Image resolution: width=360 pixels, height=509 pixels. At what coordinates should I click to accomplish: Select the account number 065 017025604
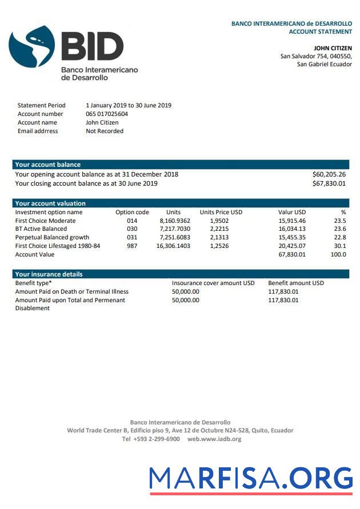point(107,114)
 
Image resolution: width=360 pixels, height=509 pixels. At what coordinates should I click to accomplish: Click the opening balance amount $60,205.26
point(329,174)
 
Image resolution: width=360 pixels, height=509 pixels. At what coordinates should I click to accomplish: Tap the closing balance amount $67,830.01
point(329,183)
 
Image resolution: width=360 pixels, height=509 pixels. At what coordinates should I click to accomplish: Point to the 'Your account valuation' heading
point(50,203)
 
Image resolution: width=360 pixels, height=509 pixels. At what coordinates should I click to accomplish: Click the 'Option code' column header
point(132,212)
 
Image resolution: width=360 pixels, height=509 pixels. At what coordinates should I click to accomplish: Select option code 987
point(132,246)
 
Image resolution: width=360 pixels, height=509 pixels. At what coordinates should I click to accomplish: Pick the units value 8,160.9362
point(175,221)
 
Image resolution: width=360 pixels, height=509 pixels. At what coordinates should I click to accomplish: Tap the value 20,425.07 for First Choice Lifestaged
point(292,246)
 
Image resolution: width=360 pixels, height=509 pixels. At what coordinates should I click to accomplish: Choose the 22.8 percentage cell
point(339,237)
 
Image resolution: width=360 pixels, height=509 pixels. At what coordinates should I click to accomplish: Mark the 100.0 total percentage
point(338,254)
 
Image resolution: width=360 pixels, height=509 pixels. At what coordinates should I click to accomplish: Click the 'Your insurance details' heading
point(49,274)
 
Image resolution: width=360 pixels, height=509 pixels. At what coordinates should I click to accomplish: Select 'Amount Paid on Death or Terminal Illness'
point(71,291)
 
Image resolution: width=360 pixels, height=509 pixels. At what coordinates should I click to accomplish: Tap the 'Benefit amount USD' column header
point(295,283)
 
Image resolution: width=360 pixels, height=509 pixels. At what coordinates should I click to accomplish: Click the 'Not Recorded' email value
point(105,131)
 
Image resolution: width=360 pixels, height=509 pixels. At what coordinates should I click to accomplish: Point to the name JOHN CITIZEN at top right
point(333,48)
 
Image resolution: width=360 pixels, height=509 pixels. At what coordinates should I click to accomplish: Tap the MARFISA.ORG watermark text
point(251,478)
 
